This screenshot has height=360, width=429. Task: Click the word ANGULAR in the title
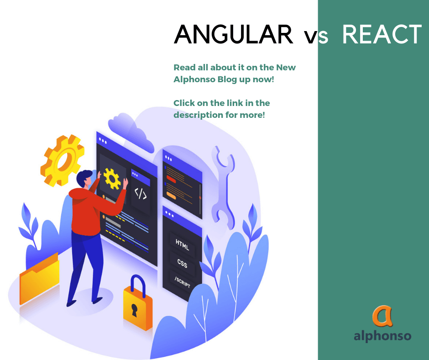click(x=233, y=34)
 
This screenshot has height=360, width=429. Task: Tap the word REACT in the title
click(x=382, y=34)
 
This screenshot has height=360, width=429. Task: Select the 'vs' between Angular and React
click(x=316, y=37)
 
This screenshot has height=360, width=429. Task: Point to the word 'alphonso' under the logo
click(x=382, y=336)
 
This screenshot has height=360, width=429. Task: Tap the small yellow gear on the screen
click(x=112, y=178)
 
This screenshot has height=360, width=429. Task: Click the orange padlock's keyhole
click(x=135, y=311)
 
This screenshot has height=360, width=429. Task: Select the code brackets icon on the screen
click(x=140, y=193)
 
